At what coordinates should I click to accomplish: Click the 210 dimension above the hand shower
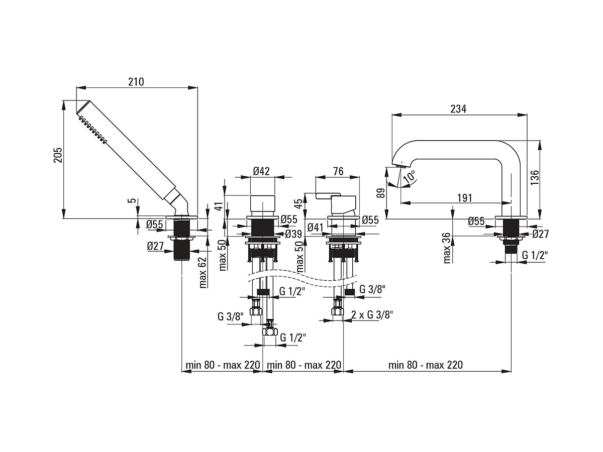click(136, 82)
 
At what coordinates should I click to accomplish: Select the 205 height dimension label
click(58, 155)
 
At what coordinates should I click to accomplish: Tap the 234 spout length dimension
click(458, 109)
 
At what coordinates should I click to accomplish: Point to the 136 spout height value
click(535, 177)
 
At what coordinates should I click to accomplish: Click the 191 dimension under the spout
click(464, 197)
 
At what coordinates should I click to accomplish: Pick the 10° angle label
click(410, 177)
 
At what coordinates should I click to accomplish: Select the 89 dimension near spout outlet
click(381, 193)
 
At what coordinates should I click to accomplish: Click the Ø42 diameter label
click(261, 171)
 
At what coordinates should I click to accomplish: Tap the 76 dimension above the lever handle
click(338, 171)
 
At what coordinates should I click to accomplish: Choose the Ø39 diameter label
click(293, 234)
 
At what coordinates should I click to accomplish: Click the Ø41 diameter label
click(316, 227)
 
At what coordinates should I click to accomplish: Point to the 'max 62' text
click(203, 273)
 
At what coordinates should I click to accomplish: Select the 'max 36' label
click(447, 248)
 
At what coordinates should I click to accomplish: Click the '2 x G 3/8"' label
click(372, 315)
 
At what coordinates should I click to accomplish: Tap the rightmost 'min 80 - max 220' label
click(426, 365)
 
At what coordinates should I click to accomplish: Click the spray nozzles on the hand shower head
click(93, 129)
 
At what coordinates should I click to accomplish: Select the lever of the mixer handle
click(328, 196)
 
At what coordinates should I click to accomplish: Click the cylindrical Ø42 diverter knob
click(262, 203)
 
